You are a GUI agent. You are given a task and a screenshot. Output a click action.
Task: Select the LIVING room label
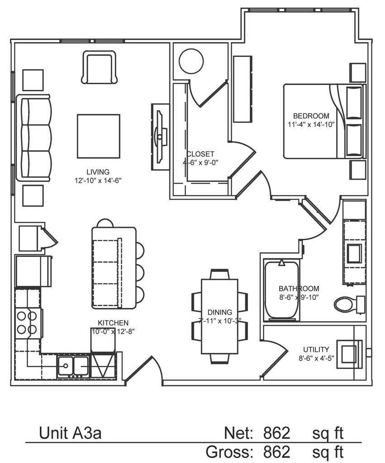[x=98, y=172]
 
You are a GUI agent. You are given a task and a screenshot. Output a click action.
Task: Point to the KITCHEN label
[x=113, y=323]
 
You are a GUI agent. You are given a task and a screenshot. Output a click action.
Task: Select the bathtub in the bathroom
[x=281, y=289]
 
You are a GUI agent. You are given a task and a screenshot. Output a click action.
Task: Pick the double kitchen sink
[x=73, y=365]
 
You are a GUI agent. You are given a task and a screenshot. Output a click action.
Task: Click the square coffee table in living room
[x=99, y=136]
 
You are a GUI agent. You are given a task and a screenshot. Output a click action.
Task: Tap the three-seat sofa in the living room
[x=34, y=138]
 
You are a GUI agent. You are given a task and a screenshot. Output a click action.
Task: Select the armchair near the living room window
[x=99, y=67]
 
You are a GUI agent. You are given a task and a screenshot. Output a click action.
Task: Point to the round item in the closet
[x=191, y=61]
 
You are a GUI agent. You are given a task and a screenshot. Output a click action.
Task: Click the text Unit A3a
[x=70, y=434]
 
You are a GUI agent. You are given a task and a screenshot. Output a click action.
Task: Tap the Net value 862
[x=276, y=434]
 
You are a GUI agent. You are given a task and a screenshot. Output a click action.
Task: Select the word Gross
[x=229, y=452]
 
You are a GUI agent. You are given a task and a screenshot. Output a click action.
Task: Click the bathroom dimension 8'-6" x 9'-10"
[x=299, y=297]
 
